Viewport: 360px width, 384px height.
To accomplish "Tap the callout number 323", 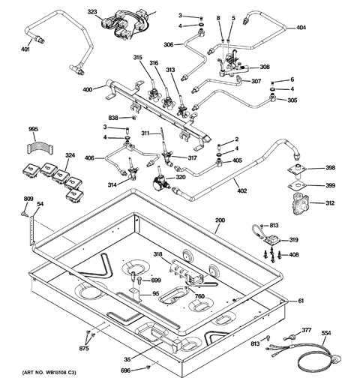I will coord(92,12).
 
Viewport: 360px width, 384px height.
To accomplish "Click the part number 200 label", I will coord(220,221).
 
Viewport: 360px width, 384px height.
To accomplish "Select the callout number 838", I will coord(113,118).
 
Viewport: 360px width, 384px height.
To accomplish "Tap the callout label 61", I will coord(300,301).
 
